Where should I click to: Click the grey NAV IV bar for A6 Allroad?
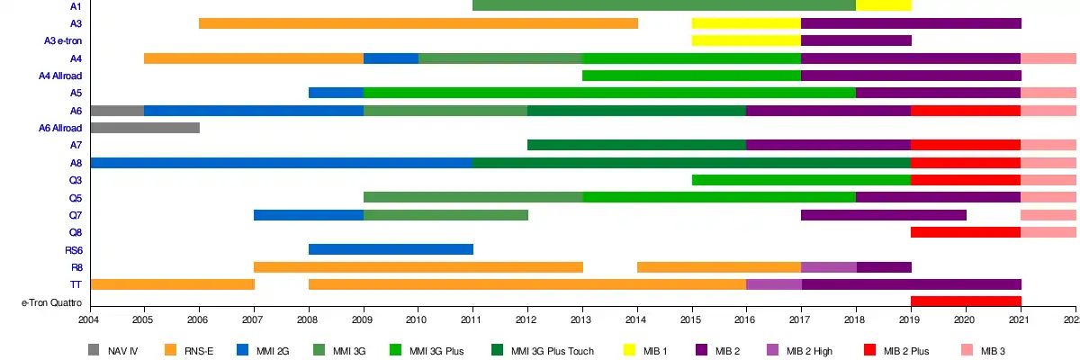[144, 128]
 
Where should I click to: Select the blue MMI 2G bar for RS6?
[391, 249]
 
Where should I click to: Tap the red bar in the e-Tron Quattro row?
[966, 301]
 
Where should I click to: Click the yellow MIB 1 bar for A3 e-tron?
[745, 40]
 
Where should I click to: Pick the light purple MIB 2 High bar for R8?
[828, 267]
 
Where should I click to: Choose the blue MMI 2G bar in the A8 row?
[281, 163]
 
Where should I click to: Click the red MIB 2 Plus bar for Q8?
[966, 232]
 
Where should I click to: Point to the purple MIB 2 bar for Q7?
[883, 215]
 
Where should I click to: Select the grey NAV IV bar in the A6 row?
[117, 111]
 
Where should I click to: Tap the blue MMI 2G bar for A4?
[391, 58]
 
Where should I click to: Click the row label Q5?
[75, 198]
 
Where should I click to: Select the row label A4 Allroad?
[60, 76]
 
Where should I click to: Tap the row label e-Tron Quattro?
[51, 302]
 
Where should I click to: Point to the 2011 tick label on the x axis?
[472, 319]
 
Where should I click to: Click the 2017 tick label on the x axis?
[801, 319]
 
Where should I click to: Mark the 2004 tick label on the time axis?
[89, 319]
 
